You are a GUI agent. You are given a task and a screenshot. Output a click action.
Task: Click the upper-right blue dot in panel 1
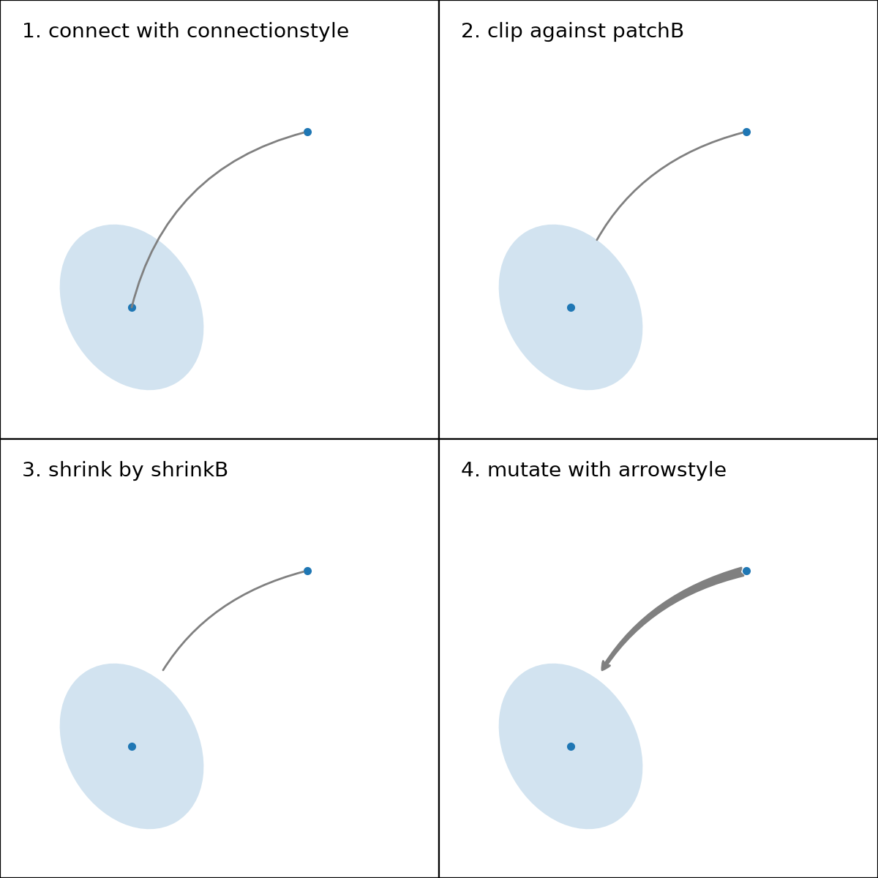click(307, 132)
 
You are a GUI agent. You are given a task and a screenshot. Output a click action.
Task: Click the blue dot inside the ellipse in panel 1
click(132, 307)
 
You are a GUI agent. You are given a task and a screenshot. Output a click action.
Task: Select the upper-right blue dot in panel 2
click(746, 132)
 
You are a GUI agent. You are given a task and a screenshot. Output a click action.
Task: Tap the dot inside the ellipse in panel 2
click(571, 307)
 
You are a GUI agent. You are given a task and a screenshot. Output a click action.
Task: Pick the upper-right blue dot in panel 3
click(307, 571)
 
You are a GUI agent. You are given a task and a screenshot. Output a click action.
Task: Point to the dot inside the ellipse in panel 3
click(132, 746)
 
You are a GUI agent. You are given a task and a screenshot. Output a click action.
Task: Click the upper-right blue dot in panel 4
click(746, 571)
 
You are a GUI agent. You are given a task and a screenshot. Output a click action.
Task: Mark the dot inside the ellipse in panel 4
click(571, 746)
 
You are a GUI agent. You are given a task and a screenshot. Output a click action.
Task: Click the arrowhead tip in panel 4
click(602, 671)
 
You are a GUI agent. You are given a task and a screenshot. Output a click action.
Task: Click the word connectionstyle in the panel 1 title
click(268, 31)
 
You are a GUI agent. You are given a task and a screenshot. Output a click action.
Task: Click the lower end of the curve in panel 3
click(163, 669)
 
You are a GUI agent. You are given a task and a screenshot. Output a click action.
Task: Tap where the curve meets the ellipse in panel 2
click(597, 240)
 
